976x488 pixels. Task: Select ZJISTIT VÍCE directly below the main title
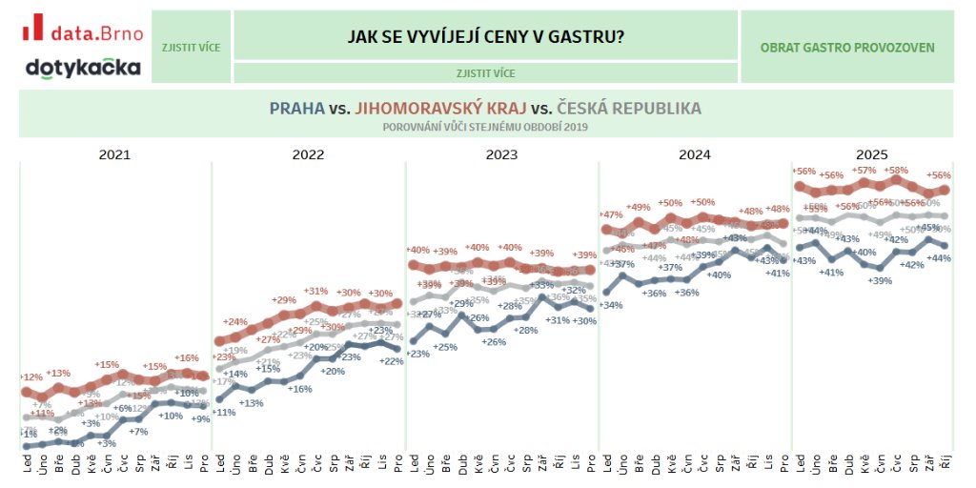(x=485, y=72)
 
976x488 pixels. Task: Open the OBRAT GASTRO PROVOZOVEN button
(x=847, y=48)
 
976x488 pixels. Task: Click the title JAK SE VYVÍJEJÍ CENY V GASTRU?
(x=485, y=36)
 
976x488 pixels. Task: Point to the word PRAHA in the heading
(x=296, y=108)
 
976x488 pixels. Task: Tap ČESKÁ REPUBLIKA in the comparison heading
(x=629, y=108)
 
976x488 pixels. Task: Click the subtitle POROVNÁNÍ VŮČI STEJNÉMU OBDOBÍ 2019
(x=485, y=126)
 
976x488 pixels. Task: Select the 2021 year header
(x=114, y=153)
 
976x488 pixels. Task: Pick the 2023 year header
(x=501, y=153)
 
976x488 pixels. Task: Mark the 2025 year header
(x=871, y=153)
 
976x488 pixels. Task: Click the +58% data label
(x=896, y=171)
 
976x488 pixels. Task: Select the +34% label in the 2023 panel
(x=611, y=305)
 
